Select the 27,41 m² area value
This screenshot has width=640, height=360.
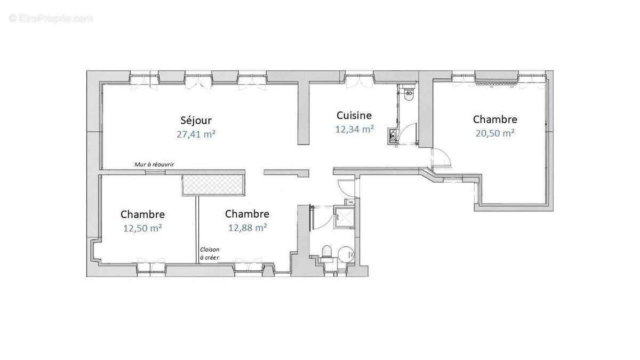[196, 134]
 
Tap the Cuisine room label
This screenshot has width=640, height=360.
[354, 115]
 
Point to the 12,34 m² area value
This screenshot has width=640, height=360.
[354, 129]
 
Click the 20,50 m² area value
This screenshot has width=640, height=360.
[494, 133]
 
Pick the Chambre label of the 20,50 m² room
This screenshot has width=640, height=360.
[494, 119]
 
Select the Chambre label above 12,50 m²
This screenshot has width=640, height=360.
[142, 214]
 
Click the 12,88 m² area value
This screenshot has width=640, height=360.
[247, 228]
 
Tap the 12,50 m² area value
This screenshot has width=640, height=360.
[142, 228]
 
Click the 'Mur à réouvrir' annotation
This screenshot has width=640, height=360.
[154, 165]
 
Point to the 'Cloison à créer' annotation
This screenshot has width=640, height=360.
[209, 253]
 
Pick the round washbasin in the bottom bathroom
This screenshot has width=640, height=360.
[346, 253]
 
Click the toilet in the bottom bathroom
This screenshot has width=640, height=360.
[327, 252]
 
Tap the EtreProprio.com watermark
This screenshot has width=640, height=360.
[51, 18]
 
